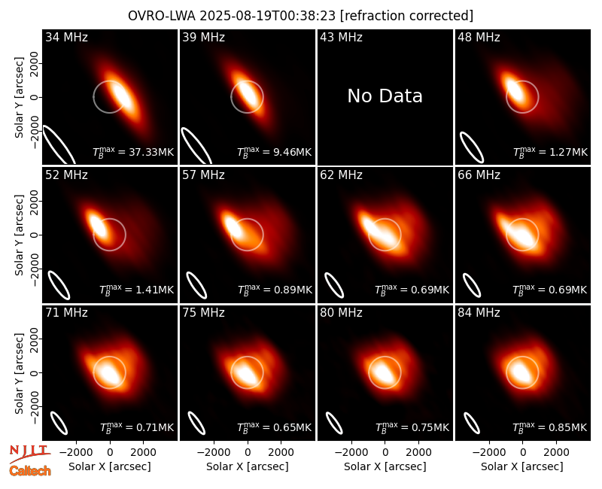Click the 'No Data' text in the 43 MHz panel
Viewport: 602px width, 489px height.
[385, 96]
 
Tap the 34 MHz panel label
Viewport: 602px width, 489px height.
[66, 37]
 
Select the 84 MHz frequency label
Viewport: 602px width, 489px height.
[479, 313]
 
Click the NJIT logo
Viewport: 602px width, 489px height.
[29, 453]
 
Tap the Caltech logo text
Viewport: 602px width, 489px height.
[30, 471]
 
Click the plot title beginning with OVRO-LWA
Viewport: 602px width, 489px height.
[300, 16]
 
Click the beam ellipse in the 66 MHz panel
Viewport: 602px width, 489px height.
[472, 285]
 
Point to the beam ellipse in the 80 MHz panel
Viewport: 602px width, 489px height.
[334, 423]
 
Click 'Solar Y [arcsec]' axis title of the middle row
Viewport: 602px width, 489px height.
[19, 235]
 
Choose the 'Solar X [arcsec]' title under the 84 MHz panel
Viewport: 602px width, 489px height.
[522, 466]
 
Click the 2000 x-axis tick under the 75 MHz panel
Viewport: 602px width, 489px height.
[281, 453]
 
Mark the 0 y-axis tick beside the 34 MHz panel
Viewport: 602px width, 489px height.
[34, 97]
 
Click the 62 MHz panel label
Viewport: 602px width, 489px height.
[342, 175]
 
